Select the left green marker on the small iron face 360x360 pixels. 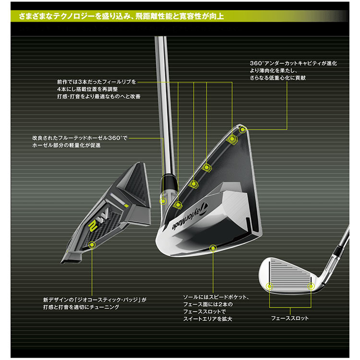[x=269, y=287]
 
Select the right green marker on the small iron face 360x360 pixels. [x=311, y=287]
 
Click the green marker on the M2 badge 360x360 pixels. [x=91, y=244]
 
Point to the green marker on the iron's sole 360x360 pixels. [x=213, y=247]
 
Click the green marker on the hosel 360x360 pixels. [x=163, y=201]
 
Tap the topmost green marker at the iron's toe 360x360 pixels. [x=242, y=130]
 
